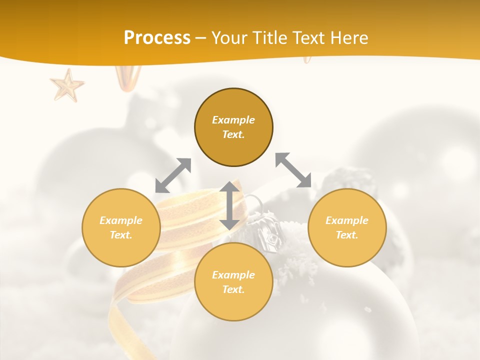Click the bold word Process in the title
coord(157,38)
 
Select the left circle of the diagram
coord(121,227)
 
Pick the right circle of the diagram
coord(347,227)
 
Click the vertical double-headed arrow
coord(229,205)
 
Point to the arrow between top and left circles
coord(173,175)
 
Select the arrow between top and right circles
coord(293,170)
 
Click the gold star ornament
coord(67,85)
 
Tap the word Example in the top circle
coord(233,120)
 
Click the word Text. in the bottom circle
coord(233,289)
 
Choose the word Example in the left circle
coord(121,220)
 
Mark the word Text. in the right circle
coord(347,235)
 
